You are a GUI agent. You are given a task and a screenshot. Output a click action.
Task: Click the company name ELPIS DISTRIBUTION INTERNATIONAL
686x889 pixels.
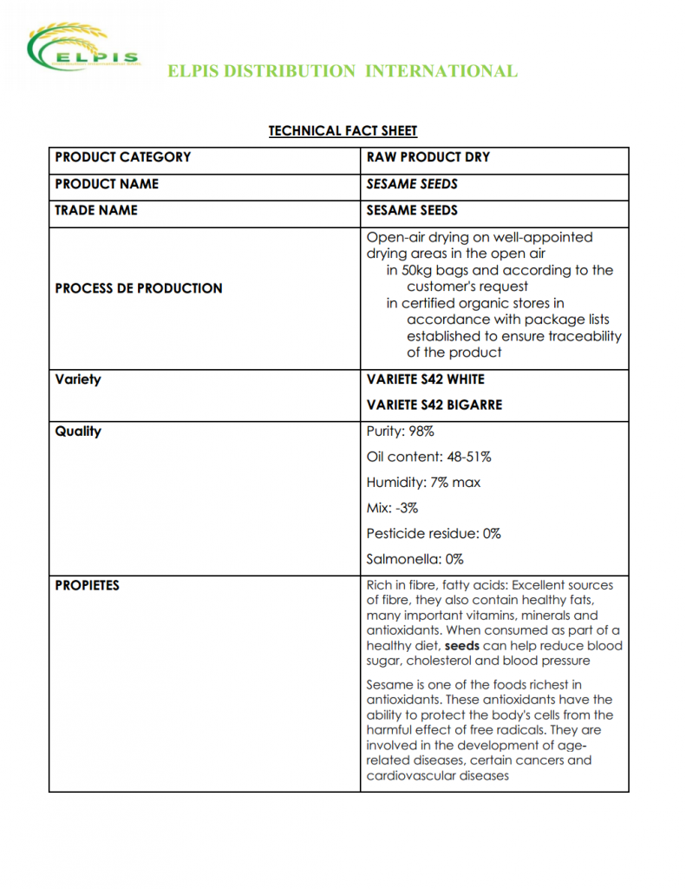pyautogui.click(x=343, y=71)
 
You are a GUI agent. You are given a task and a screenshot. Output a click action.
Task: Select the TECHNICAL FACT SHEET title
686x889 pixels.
pyautogui.click(x=343, y=131)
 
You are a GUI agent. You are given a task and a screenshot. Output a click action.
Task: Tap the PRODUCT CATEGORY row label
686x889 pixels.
pyautogui.click(x=122, y=157)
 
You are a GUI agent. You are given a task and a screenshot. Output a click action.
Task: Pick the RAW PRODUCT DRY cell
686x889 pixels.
pyautogui.click(x=428, y=157)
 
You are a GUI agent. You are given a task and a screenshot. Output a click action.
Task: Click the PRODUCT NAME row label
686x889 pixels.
pyautogui.click(x=107, y=184)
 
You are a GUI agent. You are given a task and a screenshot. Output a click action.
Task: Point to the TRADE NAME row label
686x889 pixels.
pyautogui.click(x=96, y=210)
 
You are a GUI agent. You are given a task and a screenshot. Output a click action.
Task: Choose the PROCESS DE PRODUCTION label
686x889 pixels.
pyautogui.click(x=139, y=288)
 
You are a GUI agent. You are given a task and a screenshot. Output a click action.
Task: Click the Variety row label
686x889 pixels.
pyautogui.click(x=78, y=379)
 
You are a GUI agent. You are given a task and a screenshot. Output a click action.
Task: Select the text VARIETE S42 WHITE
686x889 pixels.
pyautogui.click(x=426, y=379)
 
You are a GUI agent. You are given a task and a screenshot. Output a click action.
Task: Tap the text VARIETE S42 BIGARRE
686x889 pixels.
pyautogui.click(x=434, y=405)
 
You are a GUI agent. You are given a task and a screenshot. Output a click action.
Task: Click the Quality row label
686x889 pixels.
pyautogui.click(x=78, y=431)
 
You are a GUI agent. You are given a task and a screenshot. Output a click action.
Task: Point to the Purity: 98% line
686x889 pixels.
pyautogui.click(x=400, y=431)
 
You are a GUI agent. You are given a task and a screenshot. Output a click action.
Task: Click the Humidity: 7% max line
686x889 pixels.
pyautogui.click(x=423, y=482)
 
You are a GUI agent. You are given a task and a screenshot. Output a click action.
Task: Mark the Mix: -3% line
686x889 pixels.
pyautogui.click(x=392, y=508)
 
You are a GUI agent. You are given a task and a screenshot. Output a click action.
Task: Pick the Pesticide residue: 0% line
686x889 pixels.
pyautogui.click(x=434, y=533)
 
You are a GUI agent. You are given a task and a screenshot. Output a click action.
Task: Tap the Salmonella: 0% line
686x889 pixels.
pyautogui.click(x=415, y=559)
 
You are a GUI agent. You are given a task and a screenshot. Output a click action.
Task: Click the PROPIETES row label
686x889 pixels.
pyautogui.click(x=88, y=585)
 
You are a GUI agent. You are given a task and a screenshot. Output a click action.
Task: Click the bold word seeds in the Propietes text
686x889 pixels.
pyautogui.click(x=462, y=646)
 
